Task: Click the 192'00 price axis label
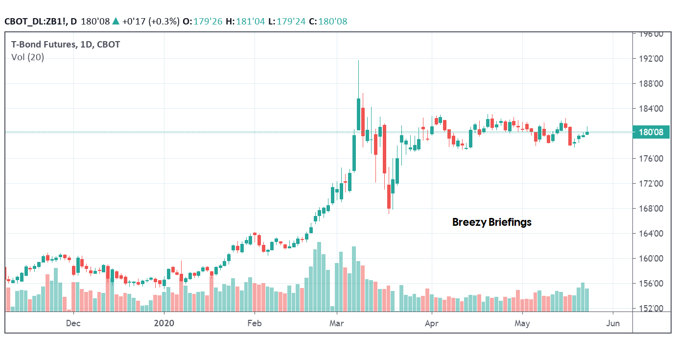649,59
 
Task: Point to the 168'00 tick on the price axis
649,209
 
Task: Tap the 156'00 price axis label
649,284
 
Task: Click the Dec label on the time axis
73,323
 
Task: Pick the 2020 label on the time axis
164,323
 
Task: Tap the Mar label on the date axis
336,323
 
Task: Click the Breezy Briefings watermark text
491,222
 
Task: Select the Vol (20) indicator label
27,57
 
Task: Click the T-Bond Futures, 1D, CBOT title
66,45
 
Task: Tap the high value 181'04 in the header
254,21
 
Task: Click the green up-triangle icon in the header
116,21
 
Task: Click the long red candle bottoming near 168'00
389,196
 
